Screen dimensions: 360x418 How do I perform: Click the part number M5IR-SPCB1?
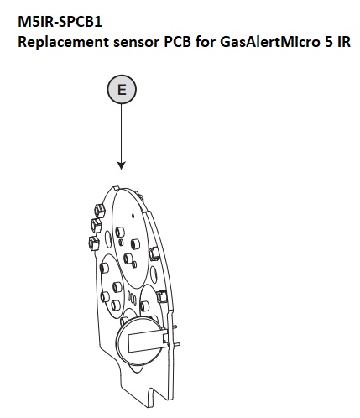(x=60, y=22)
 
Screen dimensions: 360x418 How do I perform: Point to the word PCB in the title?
(x=177, y=42)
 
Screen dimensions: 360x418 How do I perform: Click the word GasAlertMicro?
(x=270, y=42)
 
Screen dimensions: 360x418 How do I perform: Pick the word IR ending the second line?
(x=344, y=42)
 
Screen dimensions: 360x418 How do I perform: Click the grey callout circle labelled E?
(x=122, y=90)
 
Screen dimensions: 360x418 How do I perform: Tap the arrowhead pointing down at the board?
(x=122, y=165)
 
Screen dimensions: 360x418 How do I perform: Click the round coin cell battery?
(x=141, y=339)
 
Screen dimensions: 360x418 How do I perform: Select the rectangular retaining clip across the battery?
(x=147, y=340)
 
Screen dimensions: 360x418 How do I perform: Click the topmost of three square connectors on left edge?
(x=99, y=211)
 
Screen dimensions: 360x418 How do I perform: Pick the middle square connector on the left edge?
(x=97, y=225)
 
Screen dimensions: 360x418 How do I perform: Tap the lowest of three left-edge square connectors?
(x=93, y=243)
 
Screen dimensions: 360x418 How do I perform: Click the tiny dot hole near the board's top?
(x=133, y=216)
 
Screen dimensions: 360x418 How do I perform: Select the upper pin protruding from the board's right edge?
(x=174, y=327)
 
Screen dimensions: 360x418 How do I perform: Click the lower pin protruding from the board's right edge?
(x=175, y=344)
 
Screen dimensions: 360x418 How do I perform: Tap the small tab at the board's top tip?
(x=117, y=188)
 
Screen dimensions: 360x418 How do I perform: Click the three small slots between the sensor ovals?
(x=132, y=297)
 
